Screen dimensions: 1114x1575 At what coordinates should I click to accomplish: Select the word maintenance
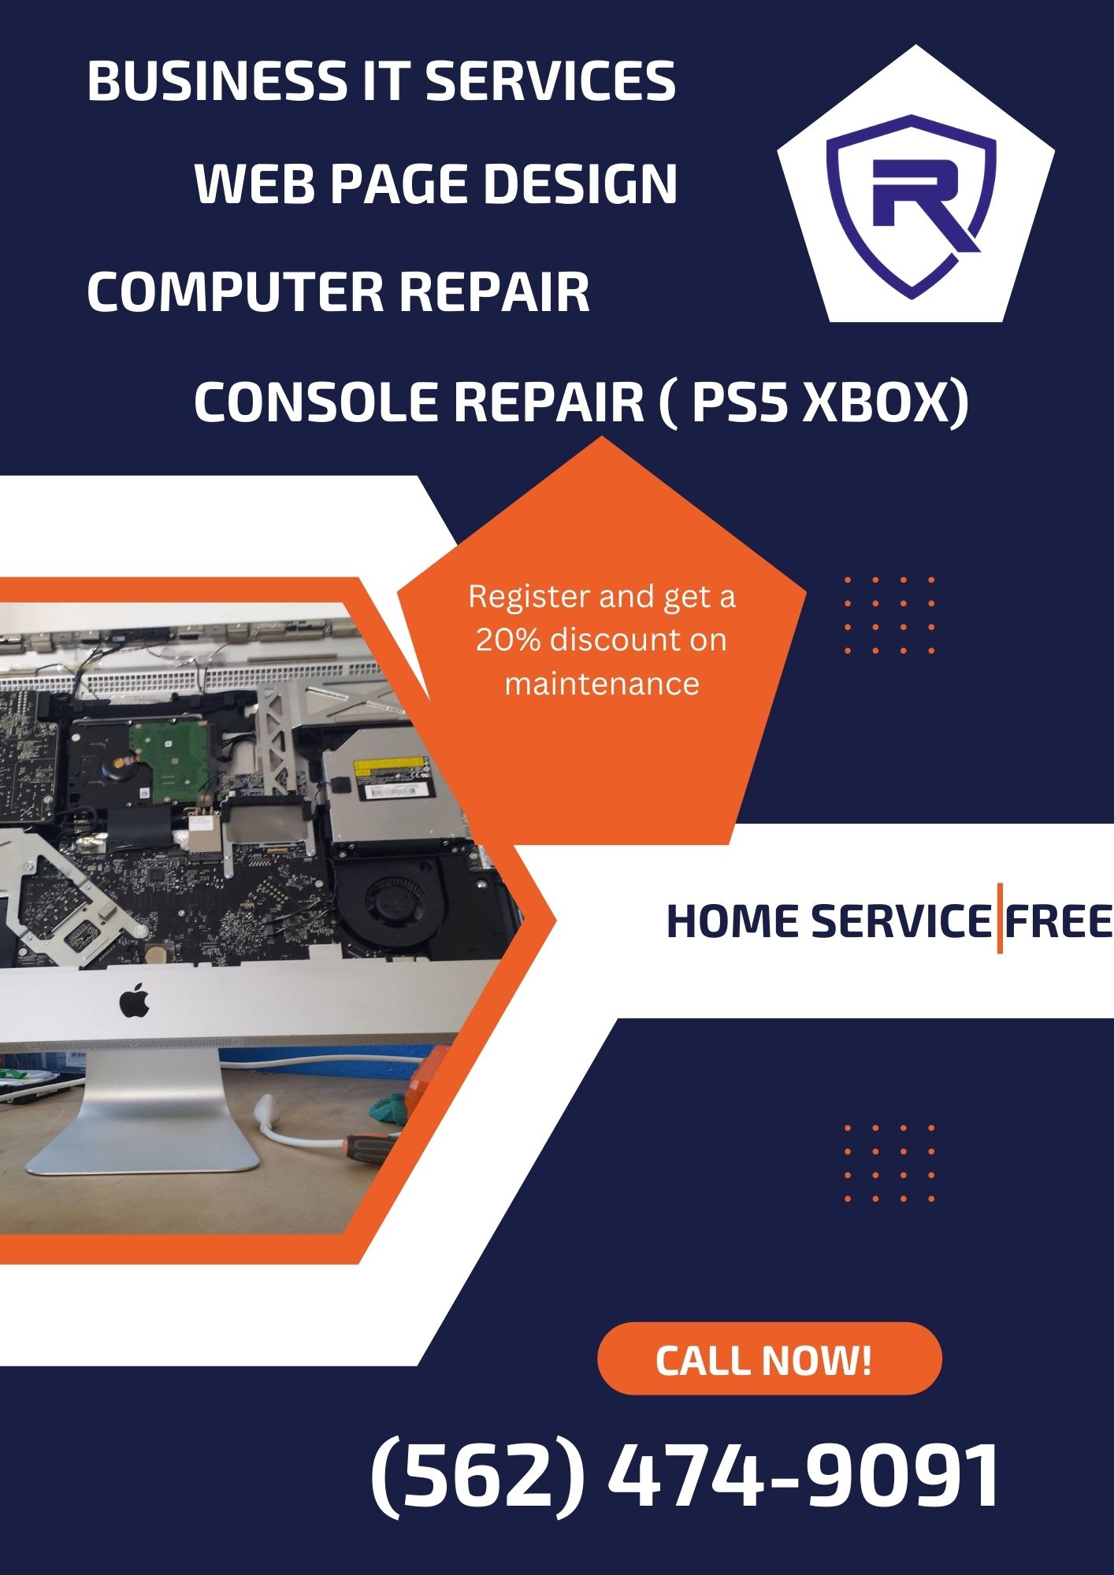[x=602, y=684]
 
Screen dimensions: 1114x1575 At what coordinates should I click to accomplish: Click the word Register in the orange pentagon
[x=529, y=598]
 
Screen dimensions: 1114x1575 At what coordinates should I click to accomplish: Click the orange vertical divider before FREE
[x=999, y=918]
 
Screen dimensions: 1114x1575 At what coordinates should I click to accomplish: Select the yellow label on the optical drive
[x=388, y=769]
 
